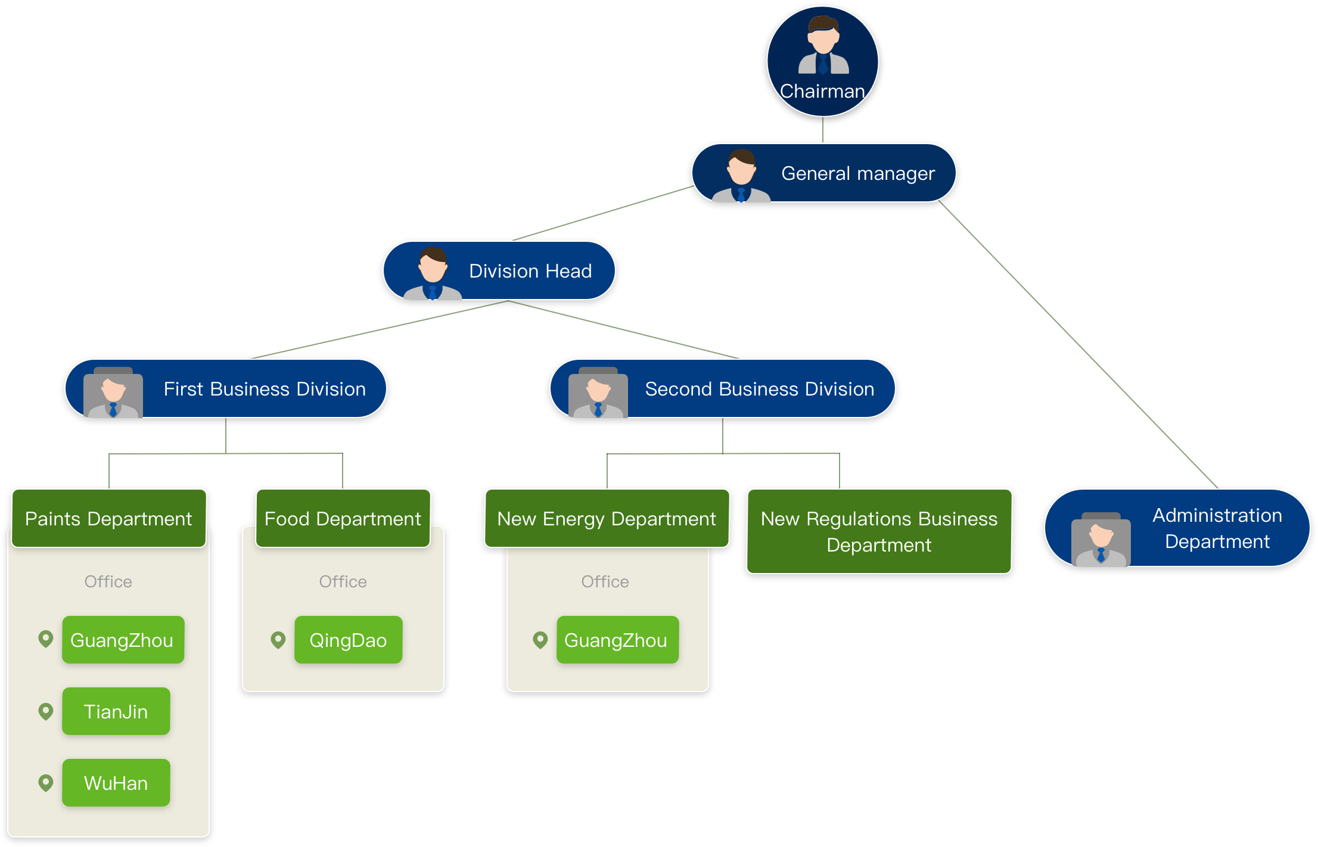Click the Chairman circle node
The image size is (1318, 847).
[822, 61]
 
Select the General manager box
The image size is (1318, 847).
[823, 173]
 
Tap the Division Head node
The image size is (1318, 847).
[499, 270]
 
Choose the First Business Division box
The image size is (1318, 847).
[226, 388]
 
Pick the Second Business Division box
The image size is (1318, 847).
[722, 388]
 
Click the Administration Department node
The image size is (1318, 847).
[1177, 528]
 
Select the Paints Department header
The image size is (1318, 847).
[109, 518]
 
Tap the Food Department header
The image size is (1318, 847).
[343, 518]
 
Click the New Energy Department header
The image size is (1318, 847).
[607, 518]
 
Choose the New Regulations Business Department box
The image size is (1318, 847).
[879, 531]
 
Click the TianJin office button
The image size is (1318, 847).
[116, 711]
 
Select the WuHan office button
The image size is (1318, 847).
[116, 783]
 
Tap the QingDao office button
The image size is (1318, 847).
[348, 640]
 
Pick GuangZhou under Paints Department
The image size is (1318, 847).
[123, 640]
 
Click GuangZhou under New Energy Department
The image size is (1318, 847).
[617, 640]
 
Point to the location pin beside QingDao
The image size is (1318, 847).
[278, 640]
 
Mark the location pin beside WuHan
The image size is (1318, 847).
[45, 782]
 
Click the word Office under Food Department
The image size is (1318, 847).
[343, 581]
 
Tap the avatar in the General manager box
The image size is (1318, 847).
[741, 176]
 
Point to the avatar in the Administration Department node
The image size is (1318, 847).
[1101, 540]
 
